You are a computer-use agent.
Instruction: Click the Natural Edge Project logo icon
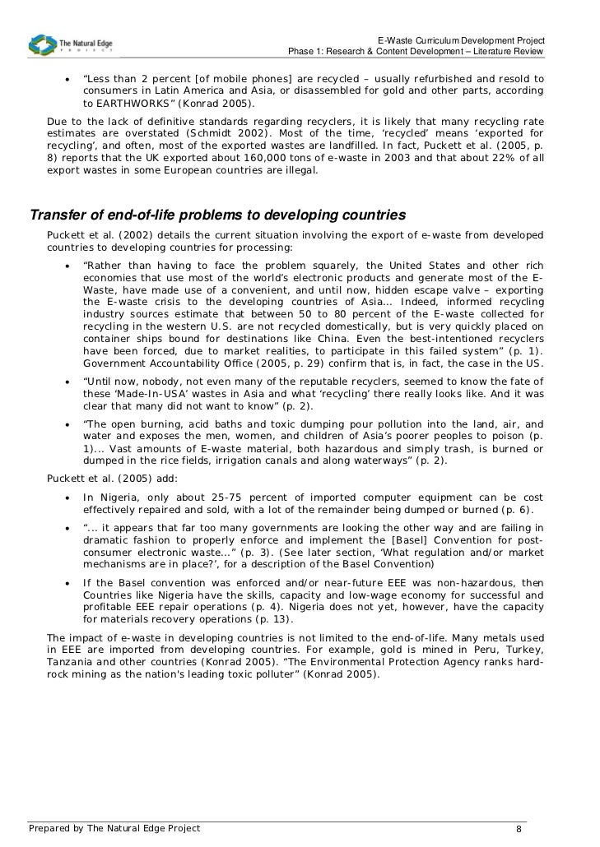click(42, 44)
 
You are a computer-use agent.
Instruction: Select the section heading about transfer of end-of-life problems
click(217, 216)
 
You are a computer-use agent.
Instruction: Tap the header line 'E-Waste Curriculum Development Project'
click(460, 41)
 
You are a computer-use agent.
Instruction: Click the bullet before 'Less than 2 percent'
click(67, 80)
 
